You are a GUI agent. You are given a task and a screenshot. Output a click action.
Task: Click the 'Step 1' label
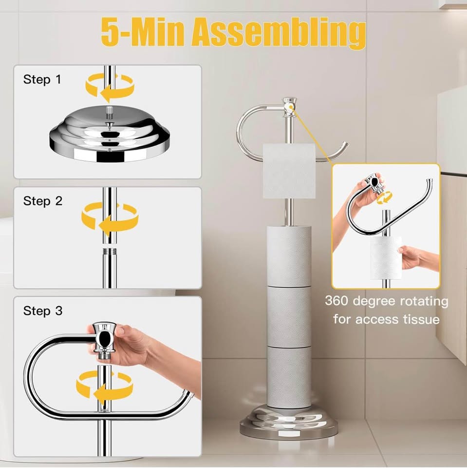[x=42, y=79]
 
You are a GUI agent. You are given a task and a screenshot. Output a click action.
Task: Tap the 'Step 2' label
[x=43, y=201]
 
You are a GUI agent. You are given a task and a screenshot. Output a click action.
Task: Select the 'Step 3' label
[x=43, y=311]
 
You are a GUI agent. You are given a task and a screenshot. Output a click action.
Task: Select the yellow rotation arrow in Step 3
[x=104, y=386]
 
